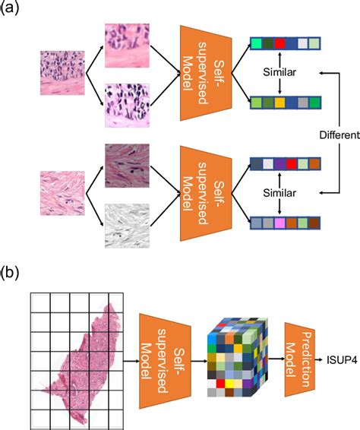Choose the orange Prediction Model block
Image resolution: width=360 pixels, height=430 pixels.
coord(301,356)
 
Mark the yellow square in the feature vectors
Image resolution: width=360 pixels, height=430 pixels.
coord(281,102)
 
